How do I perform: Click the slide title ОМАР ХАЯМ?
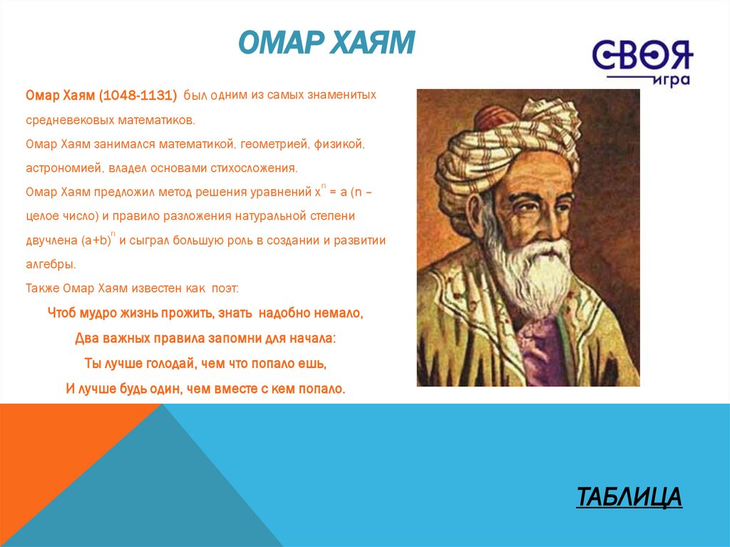point(326,43)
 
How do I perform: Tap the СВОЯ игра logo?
point(642,63)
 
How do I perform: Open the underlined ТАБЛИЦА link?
point(629,496)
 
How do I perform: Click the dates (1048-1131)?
point(138,96)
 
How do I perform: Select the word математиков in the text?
point(156,121)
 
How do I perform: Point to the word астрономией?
point(64,168)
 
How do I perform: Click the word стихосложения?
point(254,168)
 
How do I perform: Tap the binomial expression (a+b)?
point(96,241)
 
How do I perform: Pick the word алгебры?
point(51,265)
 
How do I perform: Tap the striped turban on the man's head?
point(508,135)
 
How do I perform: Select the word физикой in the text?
point(339,145)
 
